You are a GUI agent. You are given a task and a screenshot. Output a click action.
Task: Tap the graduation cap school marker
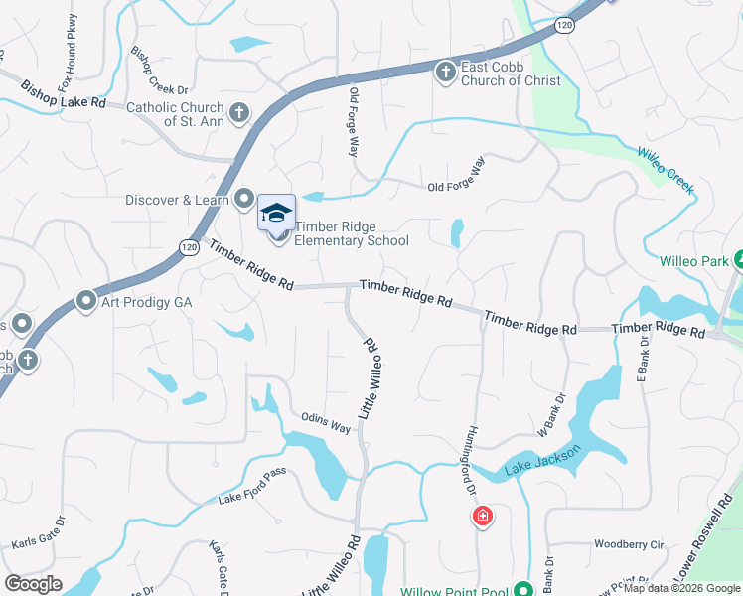pyautogui.click(x=277, y=213)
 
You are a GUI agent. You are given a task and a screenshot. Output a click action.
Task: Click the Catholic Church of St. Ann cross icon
pyautogui.click(x=238, y=113)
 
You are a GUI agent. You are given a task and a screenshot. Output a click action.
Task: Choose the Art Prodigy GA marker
pyautogui.click(x=85, y=300)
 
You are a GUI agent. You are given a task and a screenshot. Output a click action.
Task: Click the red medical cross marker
pyautogui.click(x=482, y=517)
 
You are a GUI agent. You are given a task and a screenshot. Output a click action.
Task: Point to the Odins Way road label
pyautogui.click(x=327, y=422)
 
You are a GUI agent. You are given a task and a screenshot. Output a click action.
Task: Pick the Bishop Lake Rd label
pyautogui.click(x=64, y=94)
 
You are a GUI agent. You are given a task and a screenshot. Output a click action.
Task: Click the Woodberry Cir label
pyautogui.click(x=628, y=544)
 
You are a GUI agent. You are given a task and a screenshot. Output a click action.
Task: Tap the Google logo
pyautogui.click(x=34, y=584)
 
